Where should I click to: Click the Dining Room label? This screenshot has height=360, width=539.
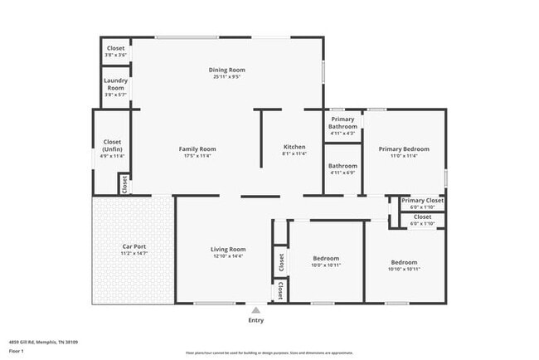[x=226, y=70]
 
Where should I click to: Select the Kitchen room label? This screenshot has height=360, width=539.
[x=294, y=146]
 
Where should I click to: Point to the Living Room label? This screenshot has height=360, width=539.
[x=227, y=249]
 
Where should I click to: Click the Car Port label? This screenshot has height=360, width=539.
[x=134, y=246]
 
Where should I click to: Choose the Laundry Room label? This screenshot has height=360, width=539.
[x=115, y=84]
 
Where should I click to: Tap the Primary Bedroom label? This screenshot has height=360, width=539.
[x=404, y=149]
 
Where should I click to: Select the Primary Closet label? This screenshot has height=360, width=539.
[x=423, y=201]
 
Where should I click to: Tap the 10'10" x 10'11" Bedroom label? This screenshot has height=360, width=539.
[x=405, y=262]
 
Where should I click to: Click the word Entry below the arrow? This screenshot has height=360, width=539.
[x=256, y=319]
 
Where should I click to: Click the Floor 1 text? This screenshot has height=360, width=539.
[x=17, y=351]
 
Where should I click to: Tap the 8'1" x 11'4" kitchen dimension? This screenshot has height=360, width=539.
[x=294, y=153]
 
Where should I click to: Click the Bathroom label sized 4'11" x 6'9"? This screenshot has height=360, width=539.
[x=342, y=166]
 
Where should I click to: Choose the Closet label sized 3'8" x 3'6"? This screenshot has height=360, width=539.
[x=115, y=49]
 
